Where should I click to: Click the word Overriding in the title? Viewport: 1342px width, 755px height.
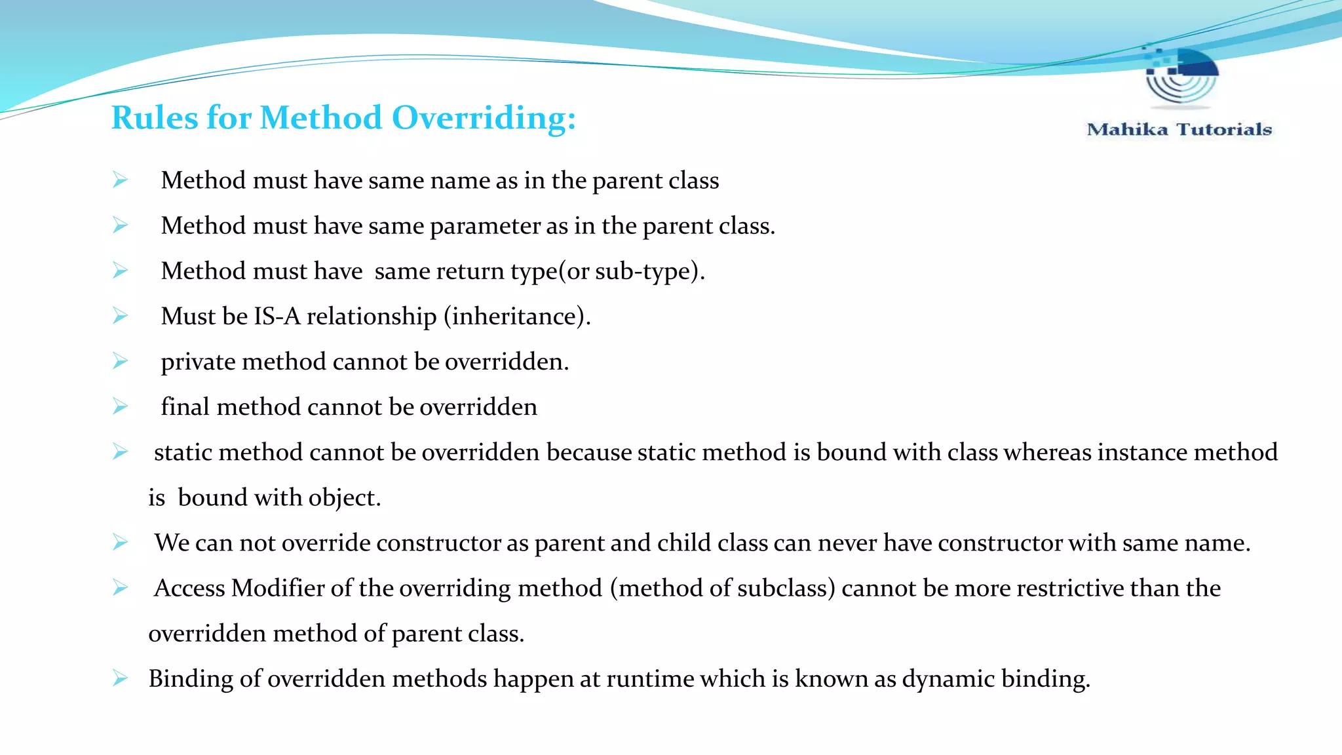484,119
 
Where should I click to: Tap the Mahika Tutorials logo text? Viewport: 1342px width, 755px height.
1179,130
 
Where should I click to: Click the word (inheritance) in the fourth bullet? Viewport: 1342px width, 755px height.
517,317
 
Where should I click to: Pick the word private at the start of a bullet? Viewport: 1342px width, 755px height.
198,362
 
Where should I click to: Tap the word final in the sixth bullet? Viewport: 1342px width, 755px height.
185,407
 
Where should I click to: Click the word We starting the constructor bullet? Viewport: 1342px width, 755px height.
172,543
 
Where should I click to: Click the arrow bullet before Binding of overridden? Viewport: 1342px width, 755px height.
120,678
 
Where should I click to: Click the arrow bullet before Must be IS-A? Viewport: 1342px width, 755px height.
120,316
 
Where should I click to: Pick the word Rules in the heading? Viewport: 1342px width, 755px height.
155,119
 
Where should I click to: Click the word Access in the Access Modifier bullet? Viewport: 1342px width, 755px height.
189,589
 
